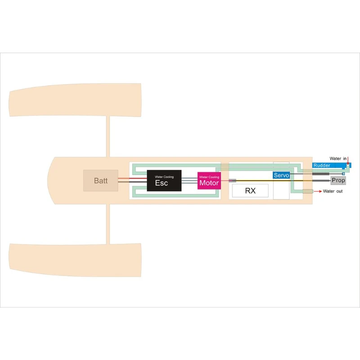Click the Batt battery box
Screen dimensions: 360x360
click(x=101, y=180)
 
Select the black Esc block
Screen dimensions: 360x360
click(x=164, y=181)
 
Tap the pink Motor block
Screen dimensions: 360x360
click(x=209, y=180)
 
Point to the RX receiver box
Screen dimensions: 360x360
click(x=250, y=191)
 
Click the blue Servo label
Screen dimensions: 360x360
click(x=281, y=175)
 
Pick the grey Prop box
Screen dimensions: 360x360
click(x=338, y=180)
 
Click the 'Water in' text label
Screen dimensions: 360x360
click(x=338, y=158)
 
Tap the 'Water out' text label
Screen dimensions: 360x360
click(x=333, y=192)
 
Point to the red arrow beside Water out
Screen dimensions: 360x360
click(x=317, y=192)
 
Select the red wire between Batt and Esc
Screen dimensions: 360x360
click(x=133, y=178)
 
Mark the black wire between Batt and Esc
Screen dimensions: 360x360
click(x=133, y=182)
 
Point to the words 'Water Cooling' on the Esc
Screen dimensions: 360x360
click(x=163, y=177)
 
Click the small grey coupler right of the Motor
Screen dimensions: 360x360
click(x=232, y=180)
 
